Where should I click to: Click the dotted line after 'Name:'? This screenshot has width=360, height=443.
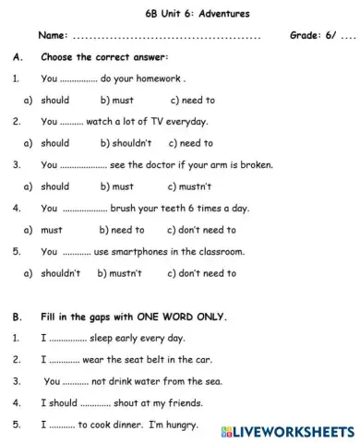click(166, 36)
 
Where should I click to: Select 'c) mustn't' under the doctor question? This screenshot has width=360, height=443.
click(191, 186)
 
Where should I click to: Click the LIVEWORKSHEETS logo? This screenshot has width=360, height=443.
click(287, 431)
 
